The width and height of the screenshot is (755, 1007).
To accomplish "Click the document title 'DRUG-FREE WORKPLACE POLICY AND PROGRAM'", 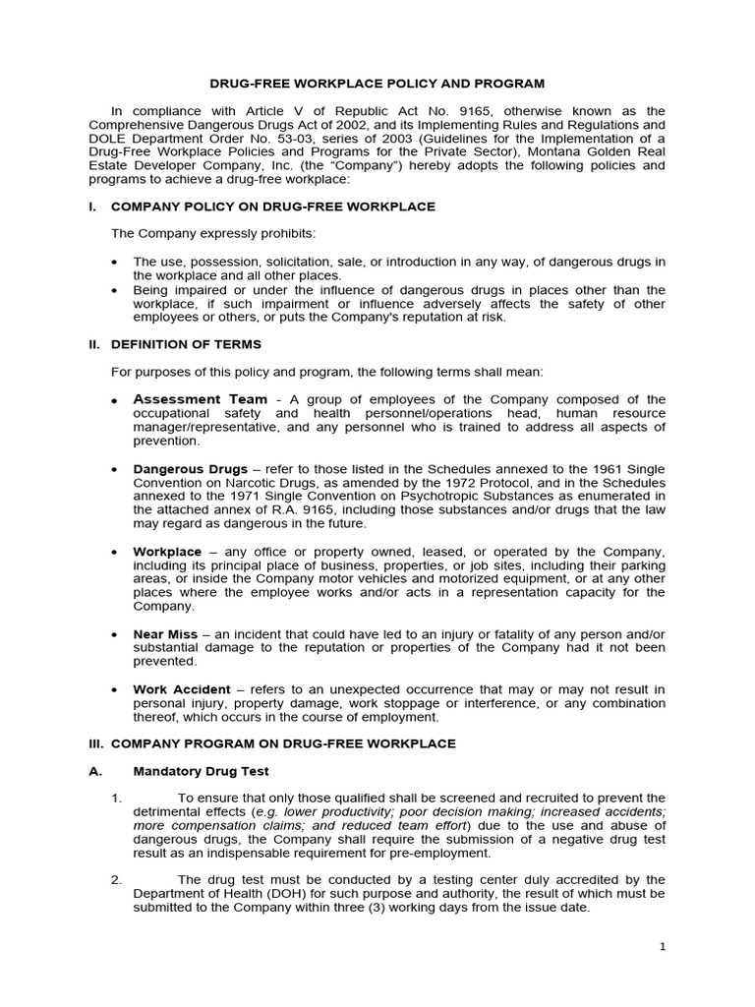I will click(377, 85).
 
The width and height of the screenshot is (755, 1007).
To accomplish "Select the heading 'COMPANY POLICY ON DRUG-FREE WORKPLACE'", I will click(273, 207).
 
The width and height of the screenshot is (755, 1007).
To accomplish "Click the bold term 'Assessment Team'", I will click(200, 399).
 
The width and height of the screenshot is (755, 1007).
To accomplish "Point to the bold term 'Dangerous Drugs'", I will click(191, 470).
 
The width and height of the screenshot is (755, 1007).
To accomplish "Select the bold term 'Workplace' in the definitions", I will click(167, 552).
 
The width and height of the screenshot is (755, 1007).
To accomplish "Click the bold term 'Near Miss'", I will click(165, 634).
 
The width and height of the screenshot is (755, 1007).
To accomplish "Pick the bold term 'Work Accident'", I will click(182, 689).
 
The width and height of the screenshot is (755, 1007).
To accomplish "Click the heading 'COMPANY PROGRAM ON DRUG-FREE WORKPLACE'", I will click(283, 743).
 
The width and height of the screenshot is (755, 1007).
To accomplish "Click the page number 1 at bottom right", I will click(663, 946).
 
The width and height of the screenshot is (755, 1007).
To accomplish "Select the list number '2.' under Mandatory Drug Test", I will click(116, 879).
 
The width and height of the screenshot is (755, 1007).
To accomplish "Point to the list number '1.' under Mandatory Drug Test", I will click(116, 798).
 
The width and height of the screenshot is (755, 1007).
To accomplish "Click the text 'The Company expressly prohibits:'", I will click(213, 233).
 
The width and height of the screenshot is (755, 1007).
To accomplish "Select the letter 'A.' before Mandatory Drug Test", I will click(95, 772).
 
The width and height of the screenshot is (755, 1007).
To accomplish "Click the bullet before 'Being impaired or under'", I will click(116, 290).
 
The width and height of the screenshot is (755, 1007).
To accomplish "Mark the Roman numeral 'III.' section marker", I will click(97, 743).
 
